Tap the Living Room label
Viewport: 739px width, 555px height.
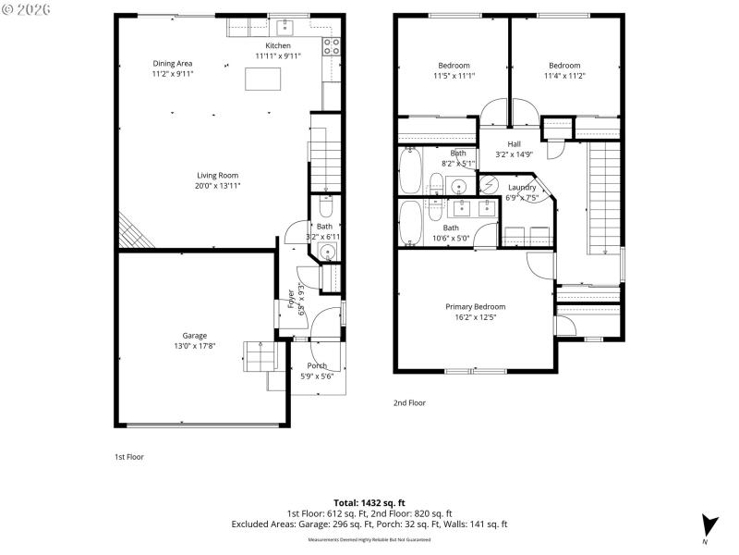click(x=217, y=176)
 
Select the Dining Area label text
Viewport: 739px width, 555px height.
click(x=173, y=64)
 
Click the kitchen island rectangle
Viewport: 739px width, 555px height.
click(x=262, y=80)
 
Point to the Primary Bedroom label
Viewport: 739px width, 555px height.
click(x=475, y=307)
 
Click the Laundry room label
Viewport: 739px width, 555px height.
click(x=522, y=187)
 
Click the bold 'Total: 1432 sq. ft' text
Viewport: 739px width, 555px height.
click(x=369, y=502)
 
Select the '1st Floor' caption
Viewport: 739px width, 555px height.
click(x=128, y=457)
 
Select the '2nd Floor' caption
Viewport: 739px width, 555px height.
click(x=409, y=403)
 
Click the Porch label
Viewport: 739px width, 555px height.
click(x=317, y=366)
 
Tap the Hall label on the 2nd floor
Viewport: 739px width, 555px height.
click(x=514, y=144)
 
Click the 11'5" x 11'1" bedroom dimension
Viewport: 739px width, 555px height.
click(x=454, y=77)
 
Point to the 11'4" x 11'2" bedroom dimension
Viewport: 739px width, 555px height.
click(x=564, y=77)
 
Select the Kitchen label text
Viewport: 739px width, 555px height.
click(x=278, y=45)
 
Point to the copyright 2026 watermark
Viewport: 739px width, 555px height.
click(x=28, y=9)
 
